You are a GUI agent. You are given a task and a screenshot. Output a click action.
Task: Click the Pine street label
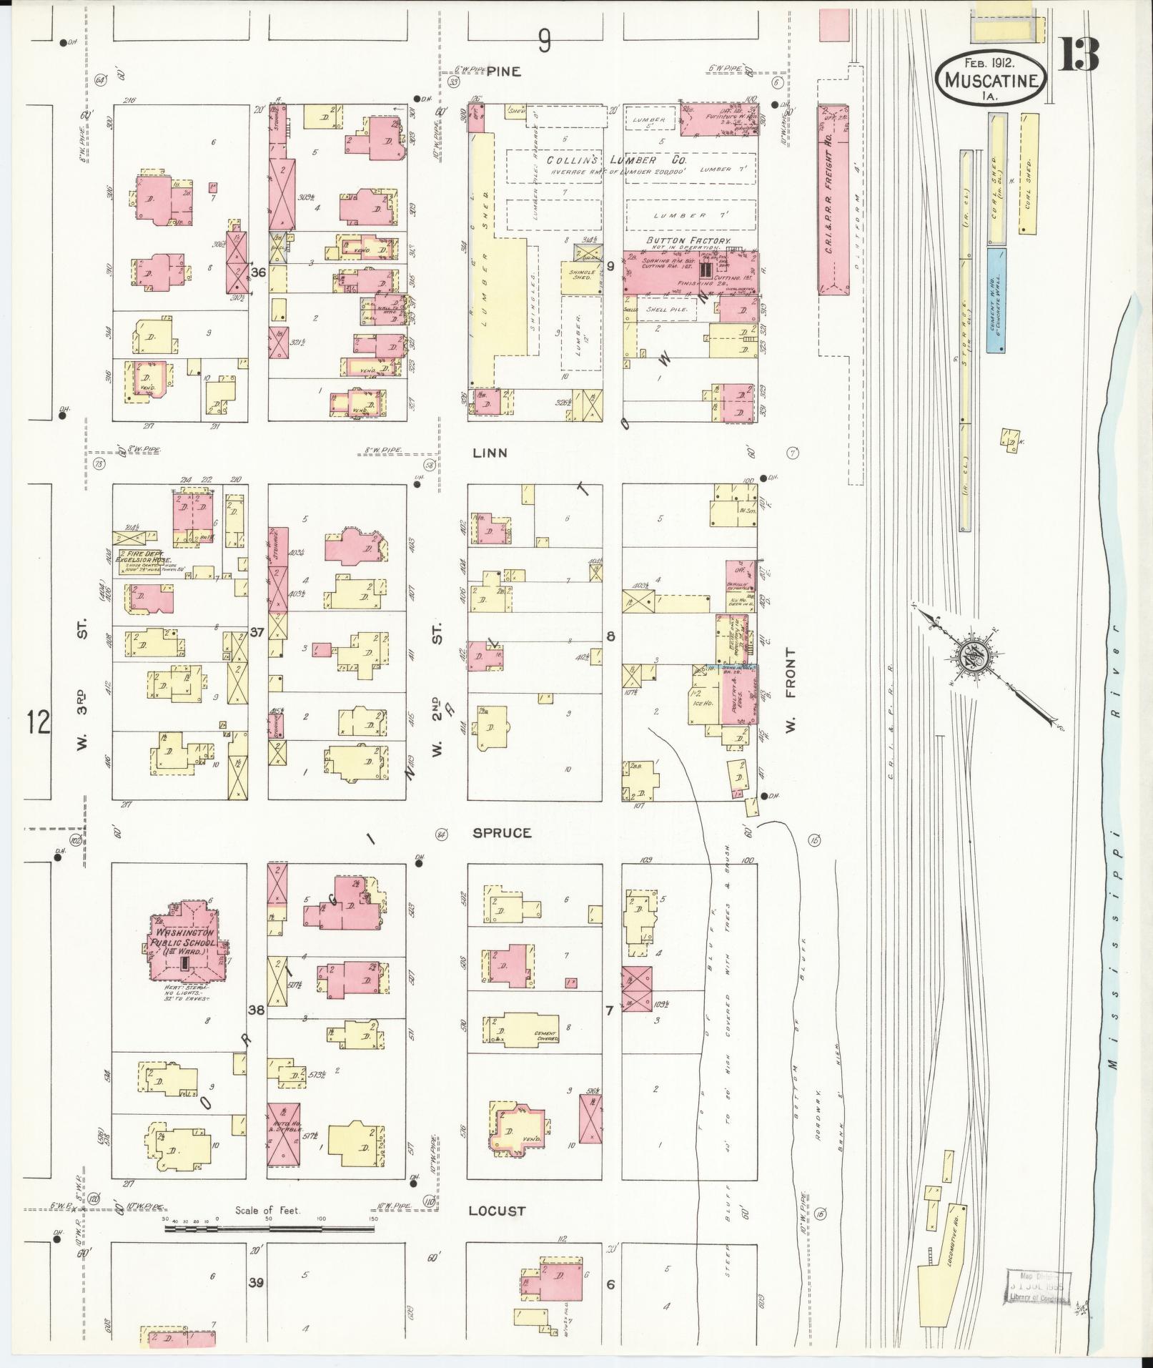505,72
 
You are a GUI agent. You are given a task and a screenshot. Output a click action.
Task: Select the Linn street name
490,453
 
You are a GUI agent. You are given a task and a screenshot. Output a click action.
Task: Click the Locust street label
497,1211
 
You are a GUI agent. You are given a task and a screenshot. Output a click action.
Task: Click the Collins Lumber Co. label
616,160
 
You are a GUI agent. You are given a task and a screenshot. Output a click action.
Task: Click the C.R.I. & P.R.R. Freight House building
833,200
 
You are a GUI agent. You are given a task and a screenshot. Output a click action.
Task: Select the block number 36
258,272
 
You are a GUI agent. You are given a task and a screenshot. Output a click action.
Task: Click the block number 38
256,1010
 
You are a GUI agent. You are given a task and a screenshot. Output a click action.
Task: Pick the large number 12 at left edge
39,722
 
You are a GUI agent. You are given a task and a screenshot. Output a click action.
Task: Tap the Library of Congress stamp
1038,1286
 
